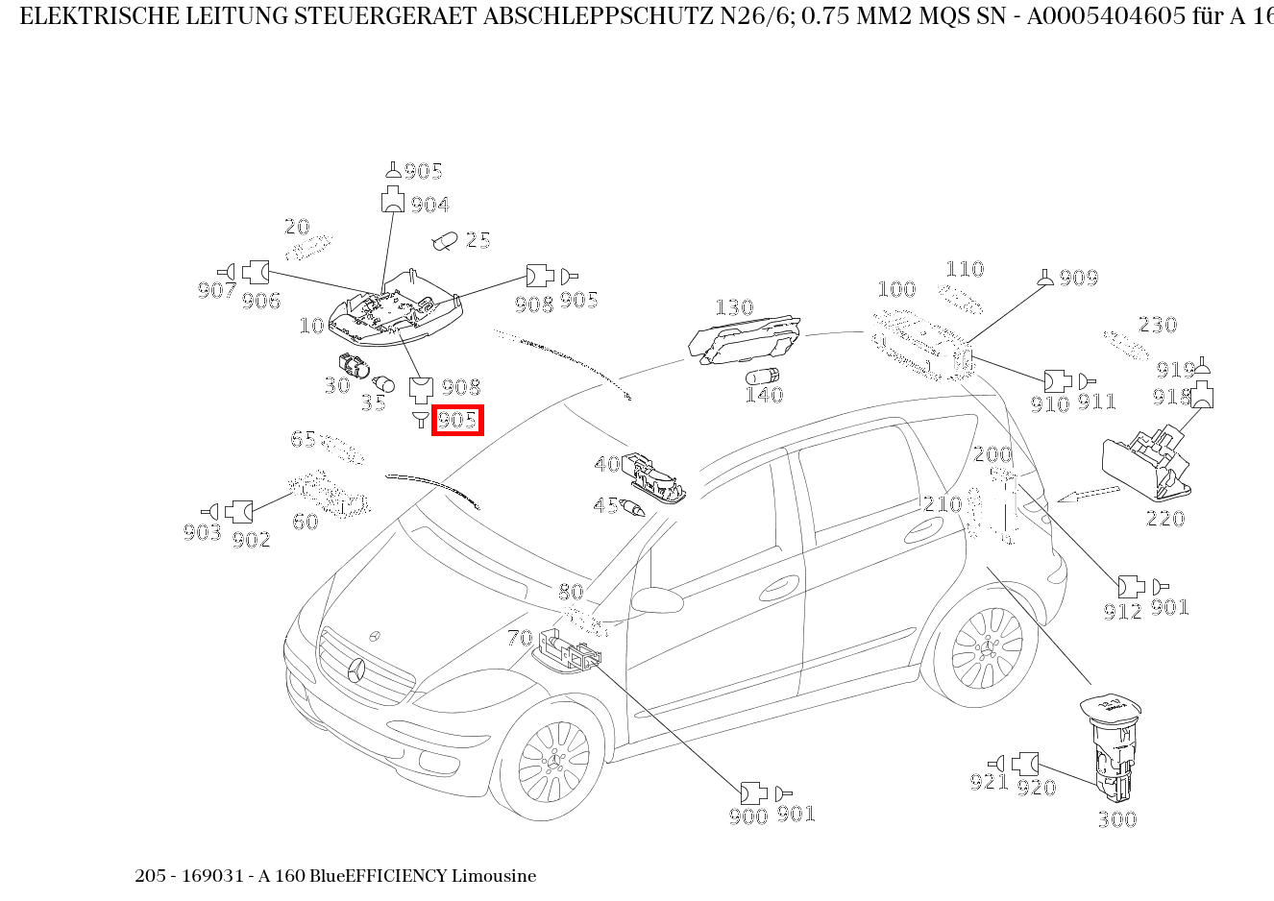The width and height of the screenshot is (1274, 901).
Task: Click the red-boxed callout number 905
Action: point(457,421)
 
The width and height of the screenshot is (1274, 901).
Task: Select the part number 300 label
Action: point(1116,819)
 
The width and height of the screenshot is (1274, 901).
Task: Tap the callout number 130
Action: point(734,307)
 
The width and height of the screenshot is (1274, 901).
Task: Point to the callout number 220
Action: point(1165,519)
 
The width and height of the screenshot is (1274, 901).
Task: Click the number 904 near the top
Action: point(430,205)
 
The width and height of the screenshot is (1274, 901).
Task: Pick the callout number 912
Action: point(1122,611)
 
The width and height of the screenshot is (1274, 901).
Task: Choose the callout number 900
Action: point(748,816)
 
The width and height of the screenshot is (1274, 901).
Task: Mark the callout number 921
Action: point(989,783)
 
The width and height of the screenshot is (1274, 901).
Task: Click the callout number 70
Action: point(520,638)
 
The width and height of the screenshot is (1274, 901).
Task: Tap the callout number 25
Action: point(478,240)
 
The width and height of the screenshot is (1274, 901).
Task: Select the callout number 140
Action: point(764,395)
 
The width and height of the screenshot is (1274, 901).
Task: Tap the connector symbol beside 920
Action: point(1025,764)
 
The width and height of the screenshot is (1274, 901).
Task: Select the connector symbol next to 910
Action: point(1057,381)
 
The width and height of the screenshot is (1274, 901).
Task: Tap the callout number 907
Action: point(216,289)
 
